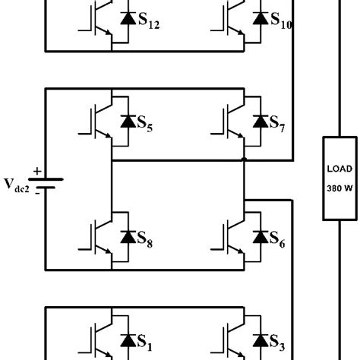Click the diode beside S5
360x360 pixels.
point(126,121)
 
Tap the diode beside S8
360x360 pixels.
point(126,237)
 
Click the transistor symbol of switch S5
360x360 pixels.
point(96,120)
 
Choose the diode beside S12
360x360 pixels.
point(126,17)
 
